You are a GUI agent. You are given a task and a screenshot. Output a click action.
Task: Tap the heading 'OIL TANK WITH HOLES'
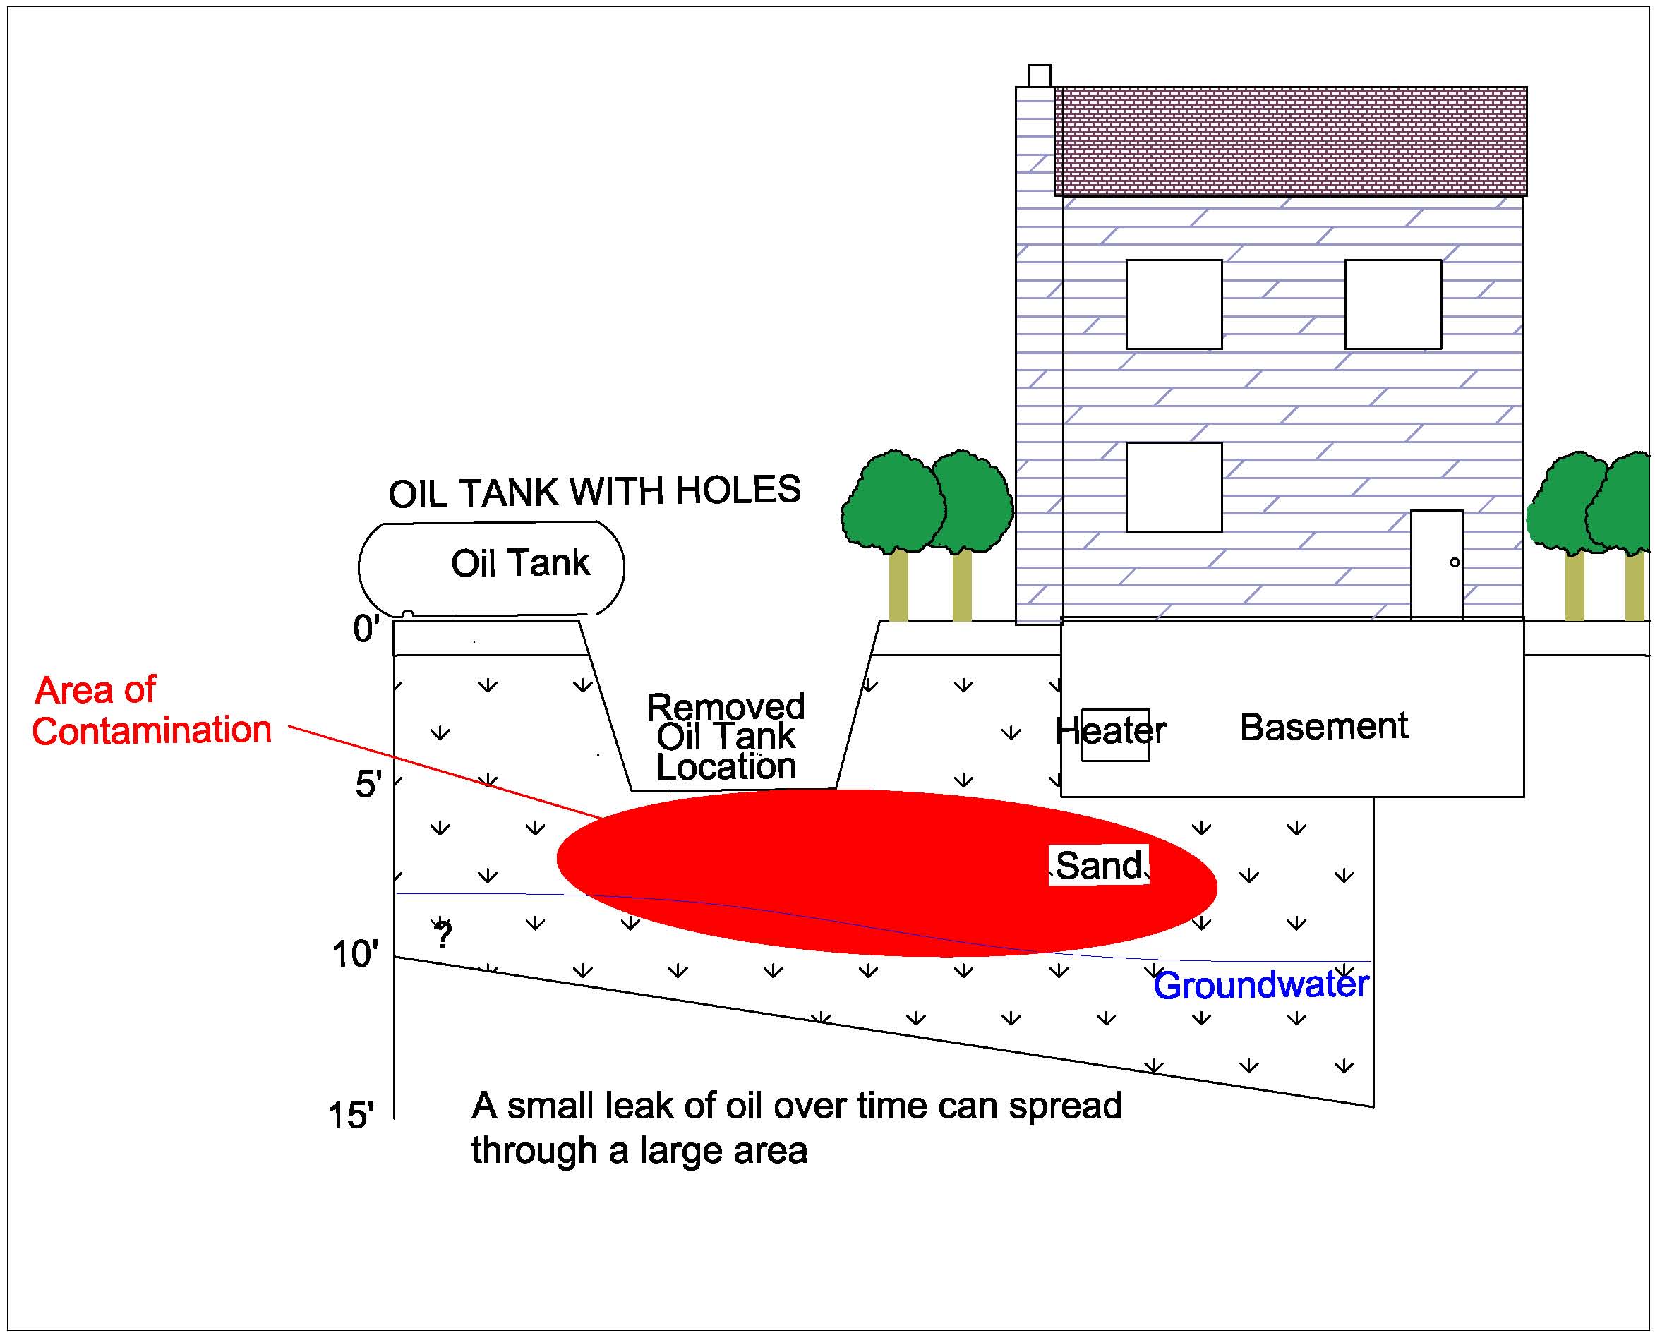(x=594, y=492)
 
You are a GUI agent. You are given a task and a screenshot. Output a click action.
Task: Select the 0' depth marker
(x=366, y=629)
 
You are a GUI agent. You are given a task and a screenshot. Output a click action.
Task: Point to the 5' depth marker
(x=368, y=784)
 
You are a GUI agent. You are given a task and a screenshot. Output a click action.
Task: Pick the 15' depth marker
(x=351, y=1116)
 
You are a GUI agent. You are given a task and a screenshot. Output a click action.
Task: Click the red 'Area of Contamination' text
(x=151, y=710)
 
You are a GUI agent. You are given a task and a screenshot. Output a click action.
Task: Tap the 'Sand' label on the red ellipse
(x=1097, y=865)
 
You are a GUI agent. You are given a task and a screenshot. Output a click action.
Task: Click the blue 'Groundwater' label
(x=1260, y=986)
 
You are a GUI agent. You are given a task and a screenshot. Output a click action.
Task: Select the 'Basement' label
(x=1323, y=726)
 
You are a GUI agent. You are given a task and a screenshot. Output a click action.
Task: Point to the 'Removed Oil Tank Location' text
(x=726, y=737)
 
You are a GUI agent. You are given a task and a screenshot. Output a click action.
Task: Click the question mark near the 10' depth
(x=443, y=936)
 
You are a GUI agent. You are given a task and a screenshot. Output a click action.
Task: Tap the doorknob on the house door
(x=1455, y=562)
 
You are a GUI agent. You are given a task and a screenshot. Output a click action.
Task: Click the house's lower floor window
(x=1173, y=487)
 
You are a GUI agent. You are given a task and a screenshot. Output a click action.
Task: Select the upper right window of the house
(x=1392, y=304)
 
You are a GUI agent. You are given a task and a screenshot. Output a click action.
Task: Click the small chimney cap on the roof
(x=1039, y=76)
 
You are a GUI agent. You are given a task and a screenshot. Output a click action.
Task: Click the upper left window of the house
(x=1173, y=304)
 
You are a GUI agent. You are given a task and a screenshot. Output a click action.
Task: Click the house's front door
(x=1436, y=564)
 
